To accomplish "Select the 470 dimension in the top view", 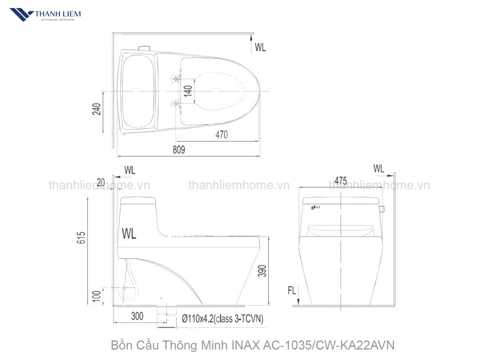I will pyautogui.click(x=221, y=135).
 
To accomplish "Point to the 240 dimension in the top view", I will pyautogui.click(x=96, y=109).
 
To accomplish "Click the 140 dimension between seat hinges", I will pyautogui.click(x=187, y=91).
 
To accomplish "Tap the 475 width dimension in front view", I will pyautogui.click(x=341, y=181).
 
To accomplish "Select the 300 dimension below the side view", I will pyautogui.click(x=137, y=316).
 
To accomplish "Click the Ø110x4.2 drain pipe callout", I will pyautogui.click(x=223, y=319).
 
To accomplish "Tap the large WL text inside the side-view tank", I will pyautogui.click(x=129, y=233).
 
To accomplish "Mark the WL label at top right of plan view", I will pyautogui.click(x=260, y=47).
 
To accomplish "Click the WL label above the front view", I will pyautogui.click(x=378, y=168).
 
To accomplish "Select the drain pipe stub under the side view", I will pyautogui.click(x=168, y=309).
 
